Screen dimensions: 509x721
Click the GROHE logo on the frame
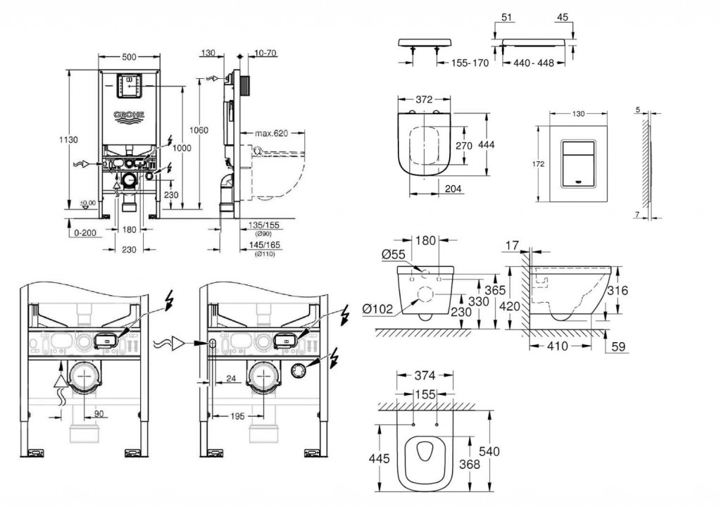pyautogui.click(x=129, y=115)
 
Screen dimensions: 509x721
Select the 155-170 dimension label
pyautogui.click(x=470, y=63)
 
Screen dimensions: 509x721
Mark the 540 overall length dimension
pyautogui.click(x=491, y=451)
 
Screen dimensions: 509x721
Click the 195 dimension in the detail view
pyautogui.click(x=237, y=416)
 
